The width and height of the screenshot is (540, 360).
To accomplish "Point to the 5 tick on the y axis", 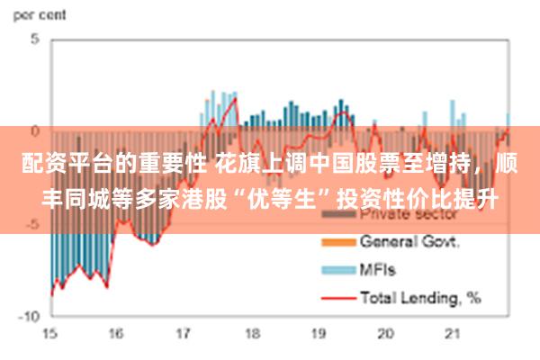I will pyautogui.click(x=35, y=39).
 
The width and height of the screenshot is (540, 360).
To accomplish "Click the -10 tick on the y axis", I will pyautogui.click(x=30, y=316).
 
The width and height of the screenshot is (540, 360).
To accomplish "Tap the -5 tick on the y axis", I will pyautogui.click(x=32, y=223).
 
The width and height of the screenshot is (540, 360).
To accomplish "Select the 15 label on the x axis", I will pyautogui.click(x=49, y=333).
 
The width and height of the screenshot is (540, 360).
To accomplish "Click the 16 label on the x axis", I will pyautogui.click(x=116, y=333).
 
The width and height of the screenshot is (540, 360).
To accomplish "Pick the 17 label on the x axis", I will pyautogui.click(x=184, y=333).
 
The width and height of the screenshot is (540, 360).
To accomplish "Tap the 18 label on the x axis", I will pyautogui.click(x=251, y=333).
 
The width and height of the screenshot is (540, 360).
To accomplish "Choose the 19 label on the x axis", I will pyautogui.click(x=319, y=333).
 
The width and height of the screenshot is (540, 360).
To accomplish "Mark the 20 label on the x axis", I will pyautogui.click(x=386, y=333).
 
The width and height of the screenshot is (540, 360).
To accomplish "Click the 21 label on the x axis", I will pyautogui.click(x=453, y=333).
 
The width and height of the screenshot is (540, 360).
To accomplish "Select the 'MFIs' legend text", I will pyautogui.click(x=378, y=268).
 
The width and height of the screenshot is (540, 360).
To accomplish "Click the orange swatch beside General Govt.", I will pyautogui.click(x=337, y=242).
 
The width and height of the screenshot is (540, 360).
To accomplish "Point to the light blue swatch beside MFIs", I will pyautogui.click(x=337, y=268).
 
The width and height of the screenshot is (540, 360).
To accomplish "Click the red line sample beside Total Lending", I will pyautogui.click(x=337, y=294).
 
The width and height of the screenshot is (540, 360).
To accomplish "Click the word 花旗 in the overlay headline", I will pyautogui.click(x=235, y=166).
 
